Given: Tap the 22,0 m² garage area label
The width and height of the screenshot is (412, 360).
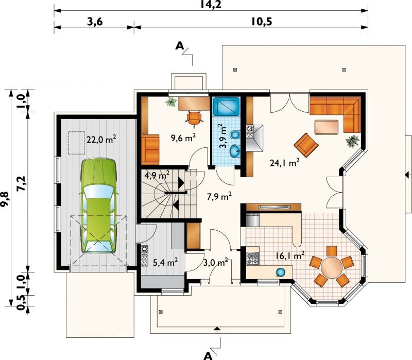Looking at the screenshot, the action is click(101, 139).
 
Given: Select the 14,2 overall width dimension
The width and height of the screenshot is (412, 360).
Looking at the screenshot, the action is click(211, 4).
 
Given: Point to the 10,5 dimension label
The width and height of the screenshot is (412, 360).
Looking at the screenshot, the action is click(262, 22).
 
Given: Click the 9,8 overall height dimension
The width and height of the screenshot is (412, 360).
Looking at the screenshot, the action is click(5, 199).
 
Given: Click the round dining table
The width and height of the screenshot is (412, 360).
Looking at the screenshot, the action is click(332, 267).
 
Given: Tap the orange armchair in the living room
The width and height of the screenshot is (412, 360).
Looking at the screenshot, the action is click(306, 145).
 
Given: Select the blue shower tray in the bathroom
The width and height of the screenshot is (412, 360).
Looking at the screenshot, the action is click(226, 107).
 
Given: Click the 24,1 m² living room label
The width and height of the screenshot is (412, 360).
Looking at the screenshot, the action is click(285, 163).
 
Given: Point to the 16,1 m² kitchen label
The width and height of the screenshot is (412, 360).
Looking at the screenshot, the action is click(290, 255).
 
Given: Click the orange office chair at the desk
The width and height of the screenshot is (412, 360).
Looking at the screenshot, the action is click(194, 118).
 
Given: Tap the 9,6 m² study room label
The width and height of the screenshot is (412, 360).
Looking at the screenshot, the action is click(183, 138).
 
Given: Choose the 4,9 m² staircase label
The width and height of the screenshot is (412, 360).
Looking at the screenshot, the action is click(157, 175).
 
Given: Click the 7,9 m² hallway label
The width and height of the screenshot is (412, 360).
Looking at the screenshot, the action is click(219, 196).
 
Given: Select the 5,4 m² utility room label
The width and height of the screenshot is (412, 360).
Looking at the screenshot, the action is click(165, 262).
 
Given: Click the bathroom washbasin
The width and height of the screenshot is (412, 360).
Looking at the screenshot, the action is click(235, 151).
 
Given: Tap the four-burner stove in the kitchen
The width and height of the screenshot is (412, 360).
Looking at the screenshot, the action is click(253, 259).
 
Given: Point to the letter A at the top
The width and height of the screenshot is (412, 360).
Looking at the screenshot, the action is click(180, 46).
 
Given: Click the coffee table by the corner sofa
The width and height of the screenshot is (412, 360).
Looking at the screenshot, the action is click(327, 127).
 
